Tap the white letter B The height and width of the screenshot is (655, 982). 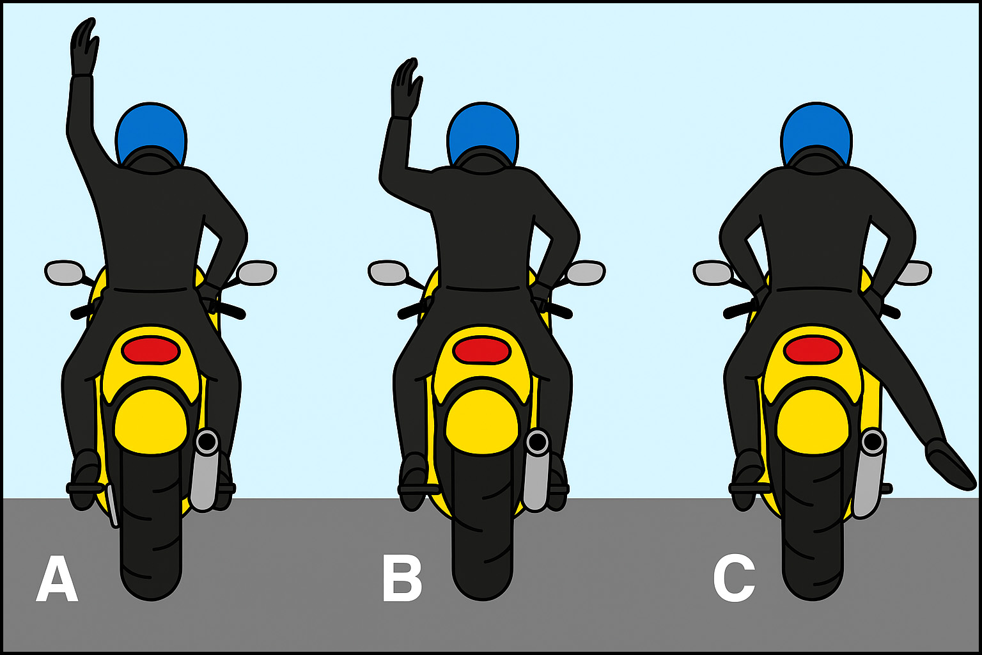pyautogui.click(x=402, y=579)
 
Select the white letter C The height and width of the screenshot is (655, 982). pyautogui.click(x=734, y=578)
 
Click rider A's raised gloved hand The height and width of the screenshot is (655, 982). pyautogui.click(x=84, y=47)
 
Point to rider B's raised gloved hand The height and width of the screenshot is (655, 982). pyautogui.click(x=407, y=89)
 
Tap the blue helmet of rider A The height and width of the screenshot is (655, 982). pyautogui.click(x=151, y=134)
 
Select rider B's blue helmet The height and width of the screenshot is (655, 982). pyautogui.click(x=482, y=134)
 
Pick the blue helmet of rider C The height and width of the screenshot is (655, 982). pyautogui.click(x=816, y=134)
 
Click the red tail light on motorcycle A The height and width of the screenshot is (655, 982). pyautogui.click(x=151, y=351)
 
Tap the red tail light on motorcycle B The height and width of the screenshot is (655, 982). pyautogui.click(x=482, y=351)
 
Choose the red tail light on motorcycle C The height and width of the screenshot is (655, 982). pyautogui.click(x=813, y=351)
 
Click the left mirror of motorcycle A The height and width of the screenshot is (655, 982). pyautogui.click(x=65, y=272)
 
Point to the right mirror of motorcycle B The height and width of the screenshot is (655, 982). pyautogui.click(x=586, y=272)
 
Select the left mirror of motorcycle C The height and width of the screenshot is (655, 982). pyautogui.click(x=713, y=272)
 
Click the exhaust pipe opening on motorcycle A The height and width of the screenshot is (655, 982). pyautogui.click(x=207, y=442)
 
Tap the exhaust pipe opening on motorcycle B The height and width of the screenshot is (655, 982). pyautogui.click(x=538, y=442)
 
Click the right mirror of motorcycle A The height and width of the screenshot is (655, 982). pyautogui.click(x=256, y=272)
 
